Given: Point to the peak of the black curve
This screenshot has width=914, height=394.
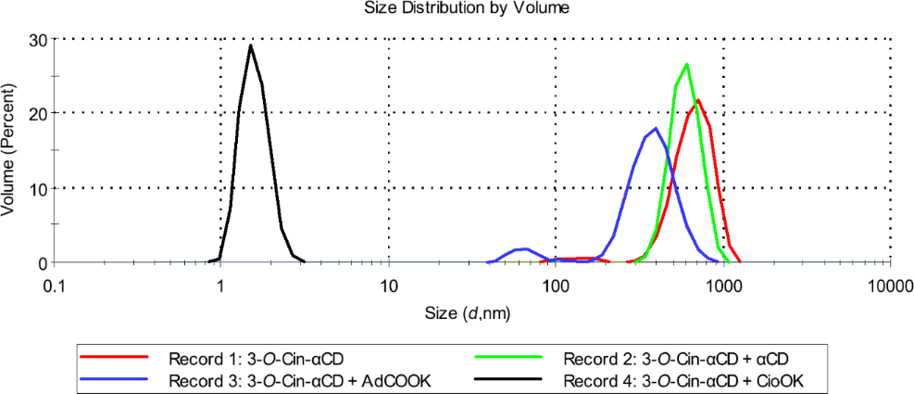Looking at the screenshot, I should pyautogui.click(x=250, y=45).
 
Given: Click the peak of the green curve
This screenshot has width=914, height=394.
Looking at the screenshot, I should pyautogui.click(x=686, y=64).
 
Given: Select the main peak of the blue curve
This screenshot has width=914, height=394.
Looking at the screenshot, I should pyautogui.click(x=656, y=128).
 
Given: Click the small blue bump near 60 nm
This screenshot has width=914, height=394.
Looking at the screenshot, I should pyautogui.click(x=525, y=248).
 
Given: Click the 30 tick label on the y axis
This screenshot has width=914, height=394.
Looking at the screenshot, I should pyautogui.click(x=39, y=39).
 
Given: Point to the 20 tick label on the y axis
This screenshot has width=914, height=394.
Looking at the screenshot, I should pyautogui.click(x=39, y=113).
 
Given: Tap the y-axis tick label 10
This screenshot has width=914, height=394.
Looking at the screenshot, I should pyautogui.click(x=39, y=188).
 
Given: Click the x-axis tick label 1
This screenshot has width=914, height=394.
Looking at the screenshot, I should pyautogui.click(x=220, y=286).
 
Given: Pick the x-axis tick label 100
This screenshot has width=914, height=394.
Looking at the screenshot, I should pyautogui.click(x=556, y=286).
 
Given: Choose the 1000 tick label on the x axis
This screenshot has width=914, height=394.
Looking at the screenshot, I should pyautogui.click(x=723, y=286).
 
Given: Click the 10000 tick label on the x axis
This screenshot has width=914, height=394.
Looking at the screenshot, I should pyautogui.click(x=890, y=286).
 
